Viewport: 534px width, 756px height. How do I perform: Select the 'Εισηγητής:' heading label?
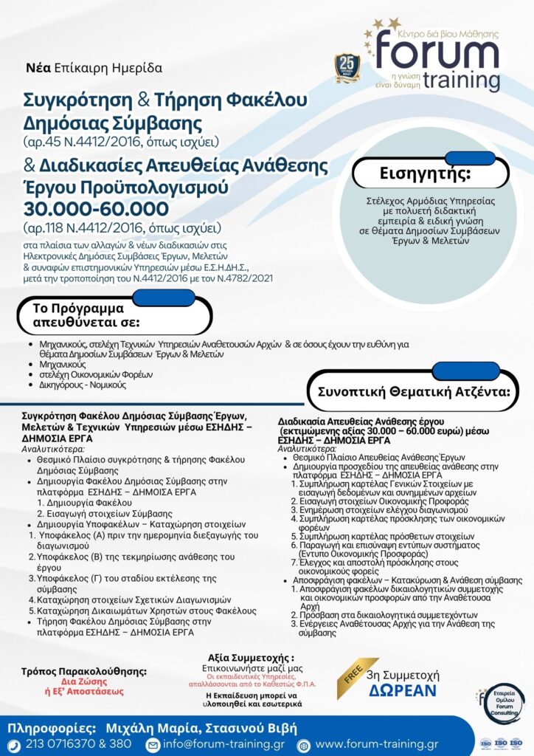[414, 174]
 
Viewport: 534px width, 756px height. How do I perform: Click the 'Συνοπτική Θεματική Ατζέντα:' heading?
[414, 391]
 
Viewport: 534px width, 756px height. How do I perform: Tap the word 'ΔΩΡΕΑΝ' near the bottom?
[403, 691]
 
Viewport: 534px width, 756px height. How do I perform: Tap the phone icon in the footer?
[13, 743]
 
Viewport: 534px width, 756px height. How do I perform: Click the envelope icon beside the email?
[153, 743]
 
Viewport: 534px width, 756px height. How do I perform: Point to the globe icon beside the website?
[302, 743]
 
